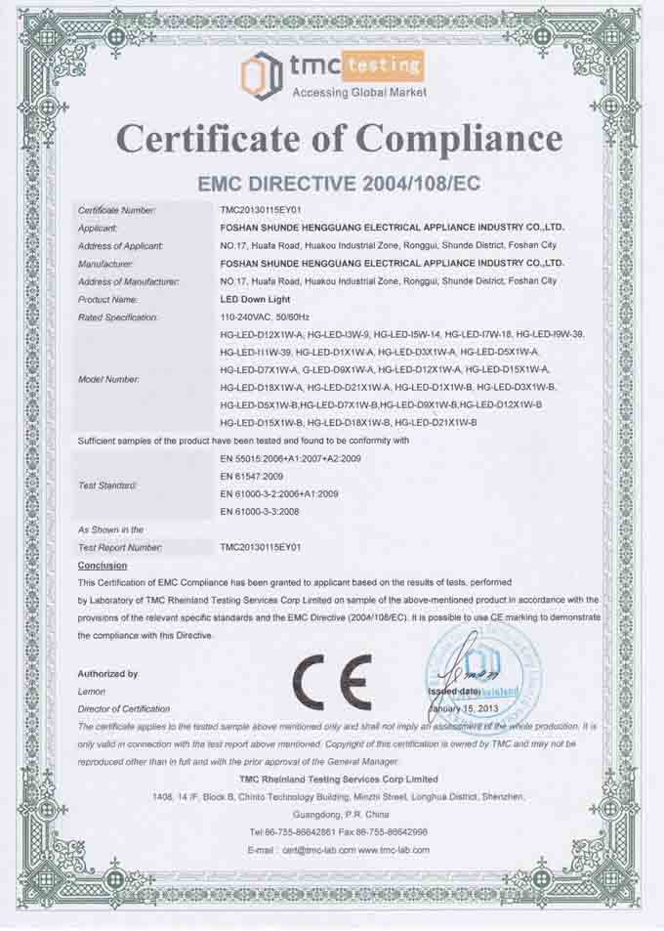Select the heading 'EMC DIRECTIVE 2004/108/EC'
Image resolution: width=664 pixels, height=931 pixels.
(x=339, y=183)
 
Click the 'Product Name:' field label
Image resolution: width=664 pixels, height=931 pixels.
(x=108, y=299)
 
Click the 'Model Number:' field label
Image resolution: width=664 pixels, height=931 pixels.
(x=109, y=378)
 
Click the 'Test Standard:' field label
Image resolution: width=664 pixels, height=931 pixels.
(x=107, y=485)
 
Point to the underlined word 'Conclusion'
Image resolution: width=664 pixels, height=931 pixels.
(x=103, y=566)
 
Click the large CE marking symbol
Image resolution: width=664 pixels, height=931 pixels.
(x=333, y=681)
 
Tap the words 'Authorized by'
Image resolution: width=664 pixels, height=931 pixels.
(x=107, y=674)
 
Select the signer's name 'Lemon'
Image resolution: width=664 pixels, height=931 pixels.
(x=92, y=692)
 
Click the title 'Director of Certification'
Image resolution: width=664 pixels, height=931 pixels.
(x=124, y=708)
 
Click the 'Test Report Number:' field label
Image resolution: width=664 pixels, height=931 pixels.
(x=120, y=547)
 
